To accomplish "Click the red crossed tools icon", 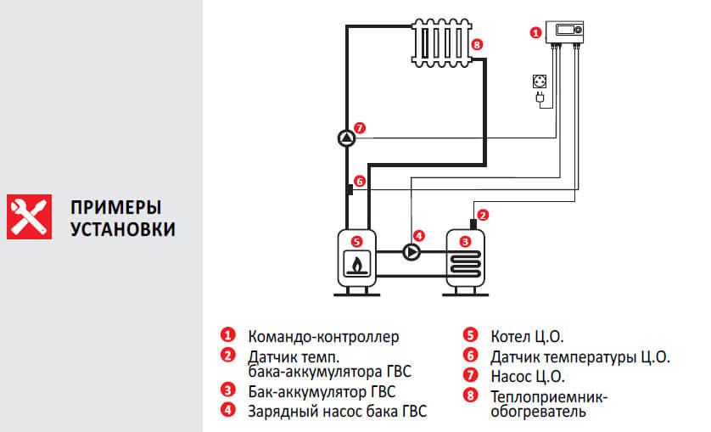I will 29,216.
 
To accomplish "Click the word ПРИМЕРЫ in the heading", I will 116,208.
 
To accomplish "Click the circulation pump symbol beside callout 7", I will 345,137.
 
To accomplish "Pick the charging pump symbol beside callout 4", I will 411,252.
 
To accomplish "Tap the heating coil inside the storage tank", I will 464,267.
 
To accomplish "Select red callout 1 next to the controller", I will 535,33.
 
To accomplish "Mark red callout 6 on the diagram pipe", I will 359,181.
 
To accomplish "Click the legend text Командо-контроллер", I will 322,337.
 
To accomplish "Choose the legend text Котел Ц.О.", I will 527,337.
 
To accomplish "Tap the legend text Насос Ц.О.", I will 527,376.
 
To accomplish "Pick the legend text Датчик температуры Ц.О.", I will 580,356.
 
